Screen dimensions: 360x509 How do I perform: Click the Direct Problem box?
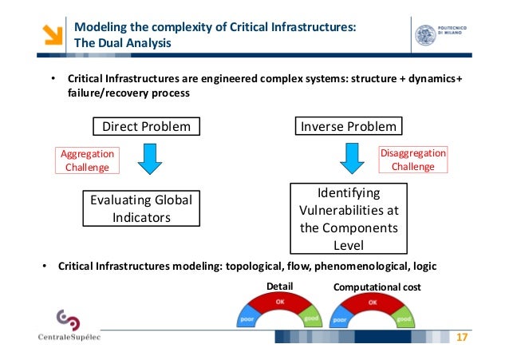tap(146, 126)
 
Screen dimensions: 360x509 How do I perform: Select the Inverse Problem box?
tap(347, 126)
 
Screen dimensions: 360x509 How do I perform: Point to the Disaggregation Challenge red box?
tap(412, 160)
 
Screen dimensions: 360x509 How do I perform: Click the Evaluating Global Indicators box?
tap(141, 208)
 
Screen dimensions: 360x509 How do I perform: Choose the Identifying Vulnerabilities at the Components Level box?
tap(348, 219)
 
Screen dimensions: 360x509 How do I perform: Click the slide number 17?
tap(460, 338)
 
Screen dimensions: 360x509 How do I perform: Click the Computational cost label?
tap(377, 285)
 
